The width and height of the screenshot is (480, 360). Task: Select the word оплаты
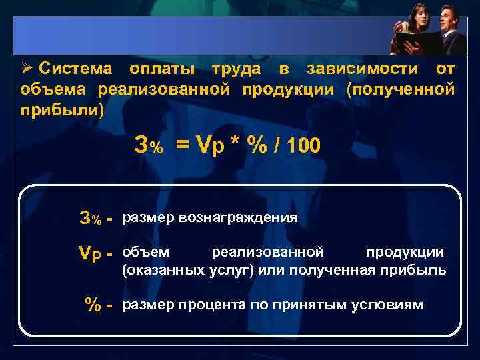point(162,69)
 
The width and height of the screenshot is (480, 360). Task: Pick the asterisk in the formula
point(235,145)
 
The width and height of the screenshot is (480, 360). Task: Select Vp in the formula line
point(209,145)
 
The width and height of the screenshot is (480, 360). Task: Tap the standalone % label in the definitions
point(93,305)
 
